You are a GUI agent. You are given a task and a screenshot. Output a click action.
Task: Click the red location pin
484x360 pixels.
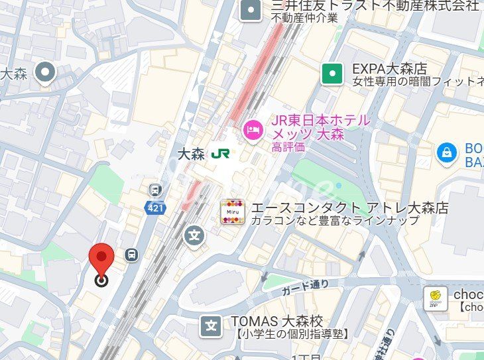pyautogui.click(x=101, y=259)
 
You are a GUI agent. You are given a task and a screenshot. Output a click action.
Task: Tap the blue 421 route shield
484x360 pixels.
pyautogui.click(x=154, y=208)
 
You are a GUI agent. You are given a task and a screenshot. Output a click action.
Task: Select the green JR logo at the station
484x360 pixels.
pyautogui.click(x=220, y=153)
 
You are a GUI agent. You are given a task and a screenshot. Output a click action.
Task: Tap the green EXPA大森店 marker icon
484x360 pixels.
pyautogui.click(x=332, y=74)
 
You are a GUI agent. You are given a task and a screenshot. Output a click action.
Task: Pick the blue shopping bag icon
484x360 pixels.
pyautogui.click(x=448, y=153)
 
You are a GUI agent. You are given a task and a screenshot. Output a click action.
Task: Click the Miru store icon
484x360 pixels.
pyautogui.click(x=232, y=211)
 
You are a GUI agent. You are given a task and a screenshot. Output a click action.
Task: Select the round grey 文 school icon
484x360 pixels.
pyautogui.click(x=194, y=235)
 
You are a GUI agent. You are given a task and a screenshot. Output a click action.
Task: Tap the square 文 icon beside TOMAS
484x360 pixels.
pyautogui.click(x=212, y=326)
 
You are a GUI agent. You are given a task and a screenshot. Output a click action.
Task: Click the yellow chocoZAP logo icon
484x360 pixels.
pyautogui.click(x=435, y=298)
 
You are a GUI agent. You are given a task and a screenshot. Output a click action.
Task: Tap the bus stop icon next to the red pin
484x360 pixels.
pyautogui.click(x=132, y=254)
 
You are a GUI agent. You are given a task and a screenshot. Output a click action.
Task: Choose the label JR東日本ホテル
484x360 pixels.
pyautogui.click(x=321, y=121)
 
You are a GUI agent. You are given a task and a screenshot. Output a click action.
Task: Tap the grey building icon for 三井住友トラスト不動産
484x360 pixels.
pyautogui.click(x=251, y=9)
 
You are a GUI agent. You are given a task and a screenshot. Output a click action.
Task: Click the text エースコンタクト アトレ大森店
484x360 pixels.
pyautogui.click(x=349, y=208)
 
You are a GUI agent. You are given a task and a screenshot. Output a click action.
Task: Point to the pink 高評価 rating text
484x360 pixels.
pyautogui.click(x=288, y=147)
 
